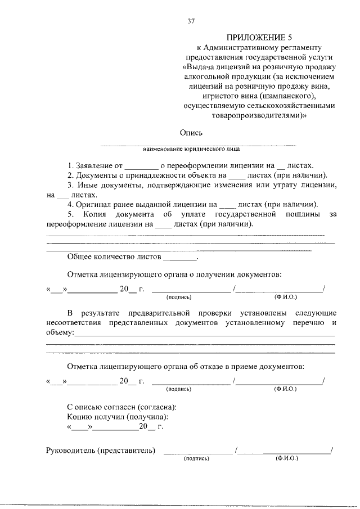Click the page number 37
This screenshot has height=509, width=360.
pyautogui.click(x=191, y=21)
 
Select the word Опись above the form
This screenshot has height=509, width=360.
pyautogui.click(x=191, y=133)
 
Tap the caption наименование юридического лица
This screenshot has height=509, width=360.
pyautogui.click(x=191, y=150)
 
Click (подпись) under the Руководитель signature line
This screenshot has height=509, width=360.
pyautogui.click(x=196, y=459)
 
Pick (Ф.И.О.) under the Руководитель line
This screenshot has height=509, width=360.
pyautogui.click(x=286, y=459)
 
